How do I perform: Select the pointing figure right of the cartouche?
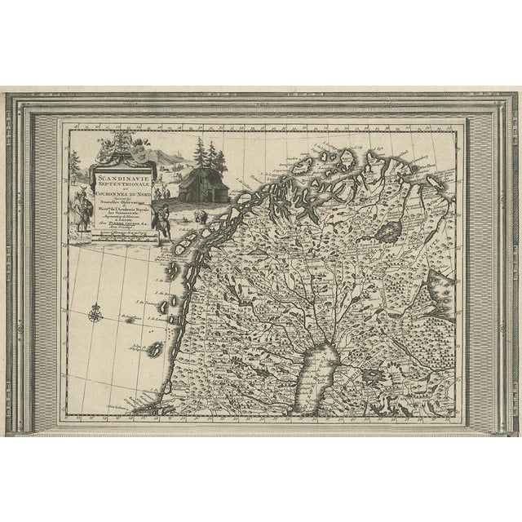(x=163, y=220)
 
